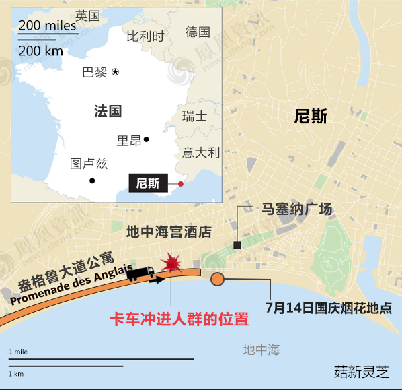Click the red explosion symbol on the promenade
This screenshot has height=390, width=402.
(x=172, y=263)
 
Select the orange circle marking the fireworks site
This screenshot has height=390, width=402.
(x=217, y=280)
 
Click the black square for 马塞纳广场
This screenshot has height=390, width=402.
(x=237, y=245)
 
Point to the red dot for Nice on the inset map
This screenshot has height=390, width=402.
(x=181, y=183)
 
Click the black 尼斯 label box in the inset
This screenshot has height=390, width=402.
(x=148, y=183)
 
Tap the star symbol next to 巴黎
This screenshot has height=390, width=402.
(x=116, y=71)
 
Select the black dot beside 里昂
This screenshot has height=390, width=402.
(x=146, y=140)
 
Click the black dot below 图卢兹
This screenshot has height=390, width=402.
(x=92, y=181)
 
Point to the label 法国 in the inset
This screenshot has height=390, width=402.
(x=108, y=111)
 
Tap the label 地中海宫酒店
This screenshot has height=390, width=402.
(x=169, y=232)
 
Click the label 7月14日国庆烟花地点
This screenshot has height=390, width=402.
(x=329, y=308)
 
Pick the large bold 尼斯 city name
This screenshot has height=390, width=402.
(x=311, y=117)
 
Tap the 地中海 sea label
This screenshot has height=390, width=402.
(x=262, y=350)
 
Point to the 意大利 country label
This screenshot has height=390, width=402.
(x=201, y=152)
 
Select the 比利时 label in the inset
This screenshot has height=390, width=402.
(x=145, y=36)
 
